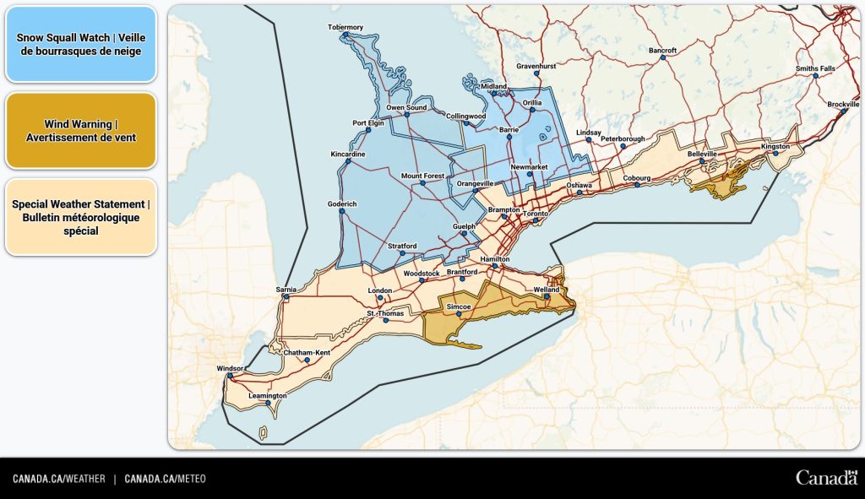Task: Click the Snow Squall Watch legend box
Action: [x=80, y=44]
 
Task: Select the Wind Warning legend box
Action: [x=80, y=130]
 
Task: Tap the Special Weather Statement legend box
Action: [x=80, y=217]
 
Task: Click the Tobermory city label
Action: [x=345, y=27]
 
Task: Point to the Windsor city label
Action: [x=230, y=369]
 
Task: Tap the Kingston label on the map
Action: [x=775, y=146]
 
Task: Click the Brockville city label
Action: [x=842, y=104]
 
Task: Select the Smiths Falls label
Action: [x=814, y=68]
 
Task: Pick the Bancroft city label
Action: [x=663, y=51]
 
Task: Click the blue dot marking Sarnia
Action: [x=287, y=297]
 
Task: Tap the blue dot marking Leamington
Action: [x=268, y=403]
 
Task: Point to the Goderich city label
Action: [x=342, y=204]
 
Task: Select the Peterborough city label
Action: [x=623, y=138]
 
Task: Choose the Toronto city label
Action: [x=536, y=214]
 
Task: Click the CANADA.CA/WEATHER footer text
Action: [x=59, y=479]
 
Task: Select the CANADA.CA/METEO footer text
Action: [x=165, y=479]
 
